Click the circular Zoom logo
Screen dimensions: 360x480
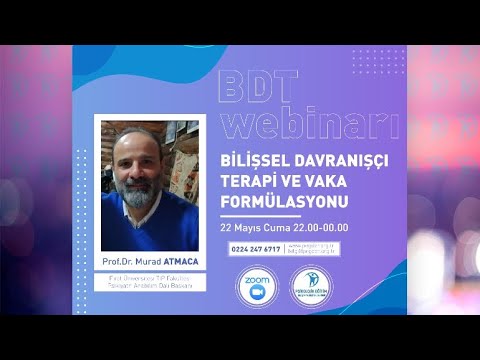pos(255,284)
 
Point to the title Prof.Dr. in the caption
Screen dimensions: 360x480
pos(118,262)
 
